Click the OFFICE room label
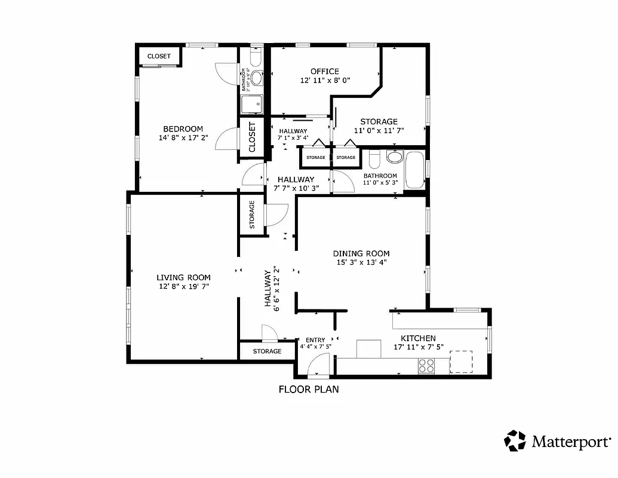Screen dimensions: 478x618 (x=325, y=72)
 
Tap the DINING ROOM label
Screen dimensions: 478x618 (x=361, y=253)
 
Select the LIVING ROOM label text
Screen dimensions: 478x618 (x=183, y=277)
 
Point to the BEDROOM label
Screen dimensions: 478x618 (x=183, y=128)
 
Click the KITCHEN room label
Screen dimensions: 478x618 (x=418, y=338)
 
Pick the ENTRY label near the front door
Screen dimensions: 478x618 (x=315, y=339)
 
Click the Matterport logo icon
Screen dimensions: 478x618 (x=515, y=441)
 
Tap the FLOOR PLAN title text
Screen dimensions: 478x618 (x=309, y=390)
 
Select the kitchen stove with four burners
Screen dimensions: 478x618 (x=426, y=366)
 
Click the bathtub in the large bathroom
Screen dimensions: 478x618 (x=414, y=171)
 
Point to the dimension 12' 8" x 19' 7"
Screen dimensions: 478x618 (x=183, y=287)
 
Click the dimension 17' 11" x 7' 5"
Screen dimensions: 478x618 (x=418, y=347)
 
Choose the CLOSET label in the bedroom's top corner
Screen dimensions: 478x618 (x=159, y=56)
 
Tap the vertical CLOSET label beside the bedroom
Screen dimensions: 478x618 (x=252, y=137)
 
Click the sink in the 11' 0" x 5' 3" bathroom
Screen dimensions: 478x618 (x=395, y=157)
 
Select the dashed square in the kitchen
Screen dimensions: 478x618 (x=461, y=361)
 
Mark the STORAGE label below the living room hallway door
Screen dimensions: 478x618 (x=267, y=351)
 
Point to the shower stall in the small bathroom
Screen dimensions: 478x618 (x=251, y=105)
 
